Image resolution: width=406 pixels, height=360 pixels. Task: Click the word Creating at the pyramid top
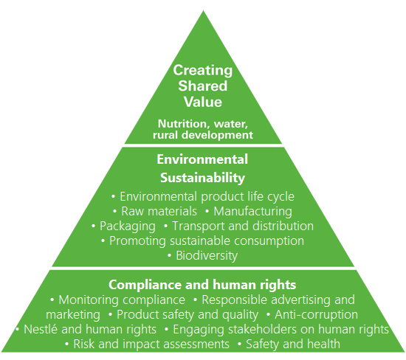pyautogui.click(x=203, y=71)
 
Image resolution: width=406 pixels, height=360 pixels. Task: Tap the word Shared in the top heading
pyautogui.click(x=203, y=86)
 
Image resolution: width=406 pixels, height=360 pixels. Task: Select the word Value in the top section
pyautogui.click(x=203, y=102)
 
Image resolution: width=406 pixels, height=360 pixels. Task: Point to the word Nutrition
pyautogui.click(x=184, y=124)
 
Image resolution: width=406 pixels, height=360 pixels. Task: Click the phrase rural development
pyautogui.click(x=203, y=135)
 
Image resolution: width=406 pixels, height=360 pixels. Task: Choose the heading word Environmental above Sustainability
pyautogui.click(x=202, y=159)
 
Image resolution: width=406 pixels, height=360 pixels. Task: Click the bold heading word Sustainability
pyautogui.click(x=202, y=178)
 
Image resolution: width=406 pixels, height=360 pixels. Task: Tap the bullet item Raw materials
pyautogui.click(x=159, y=212)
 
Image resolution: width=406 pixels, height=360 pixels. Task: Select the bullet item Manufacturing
pyautogui.click(x=252, y=212)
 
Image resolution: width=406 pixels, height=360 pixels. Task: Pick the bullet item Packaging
pyautogui.click(x=128, y=226)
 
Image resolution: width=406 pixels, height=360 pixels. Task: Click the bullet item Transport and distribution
pyautogui.click(x=243, y=226)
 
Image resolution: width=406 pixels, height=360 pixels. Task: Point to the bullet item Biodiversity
pyautogui.click(x=207, y=256)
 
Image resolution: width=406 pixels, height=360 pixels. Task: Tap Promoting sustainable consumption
pyautogui.click(x=207, y=241)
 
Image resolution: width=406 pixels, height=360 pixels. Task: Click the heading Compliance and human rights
pyautogui.click(x=202, y=285)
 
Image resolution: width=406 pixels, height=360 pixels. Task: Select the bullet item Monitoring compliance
pyautogui.click(x=122, y=300)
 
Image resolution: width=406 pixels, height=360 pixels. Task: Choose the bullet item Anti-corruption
pyautogui.click(x=316, y=315)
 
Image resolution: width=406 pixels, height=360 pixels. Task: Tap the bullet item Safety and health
pyautogui.click(x=293, y=345)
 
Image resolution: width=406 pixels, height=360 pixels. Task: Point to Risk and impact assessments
pyautogui.click(x=151, y=345)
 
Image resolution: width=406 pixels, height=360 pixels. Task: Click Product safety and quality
pyautogui.click(x=187, y=315)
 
